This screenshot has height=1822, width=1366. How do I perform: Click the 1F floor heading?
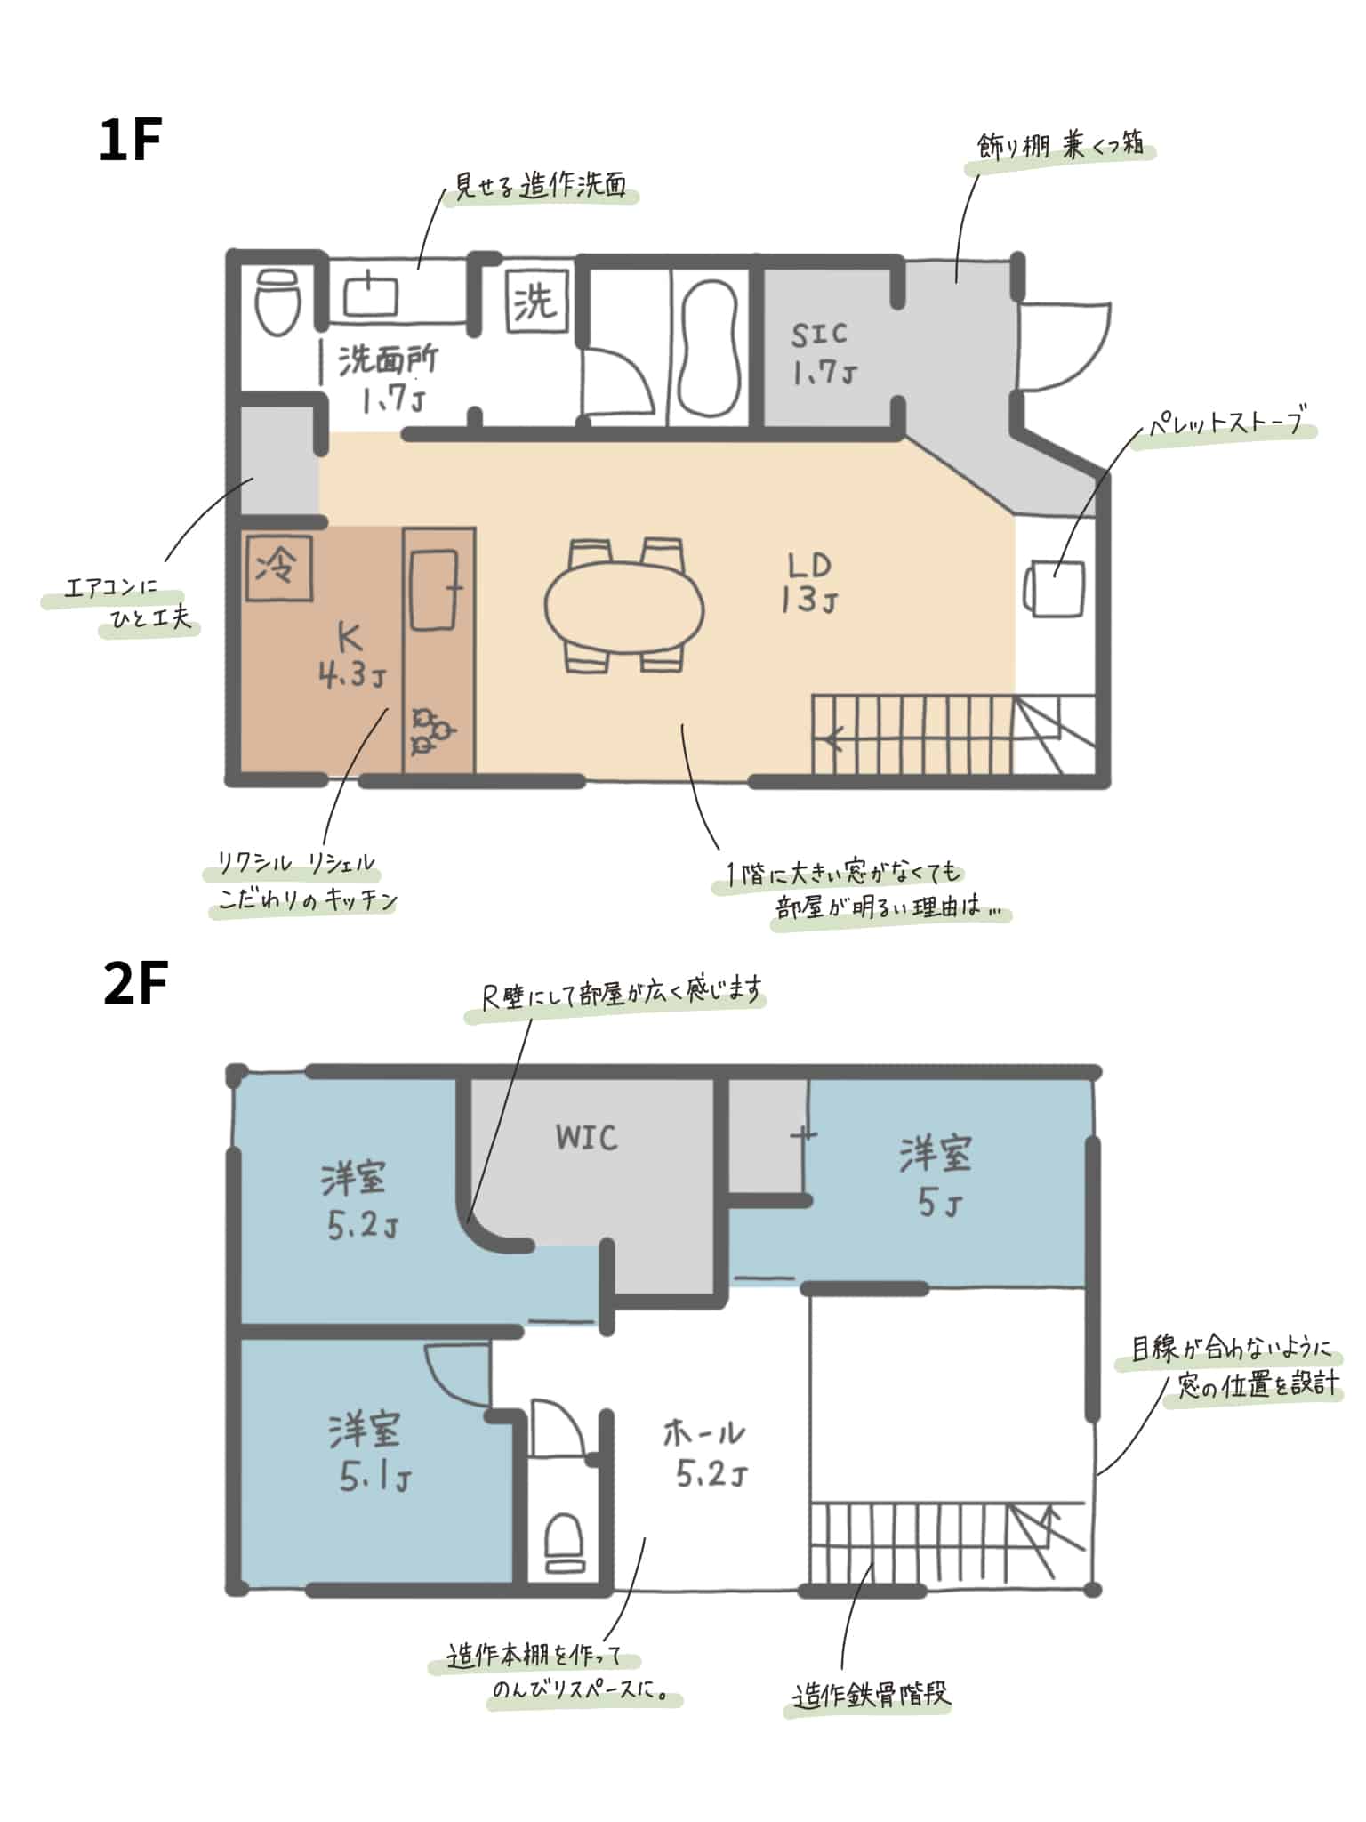[x=130, y=141]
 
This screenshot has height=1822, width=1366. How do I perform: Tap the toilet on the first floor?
[x=277, y=302]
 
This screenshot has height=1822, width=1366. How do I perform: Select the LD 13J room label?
[x=808, y=583]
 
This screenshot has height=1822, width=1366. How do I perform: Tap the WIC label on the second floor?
[x=586, y=1138]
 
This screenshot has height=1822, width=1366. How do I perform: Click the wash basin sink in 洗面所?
[x=371, y=294]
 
